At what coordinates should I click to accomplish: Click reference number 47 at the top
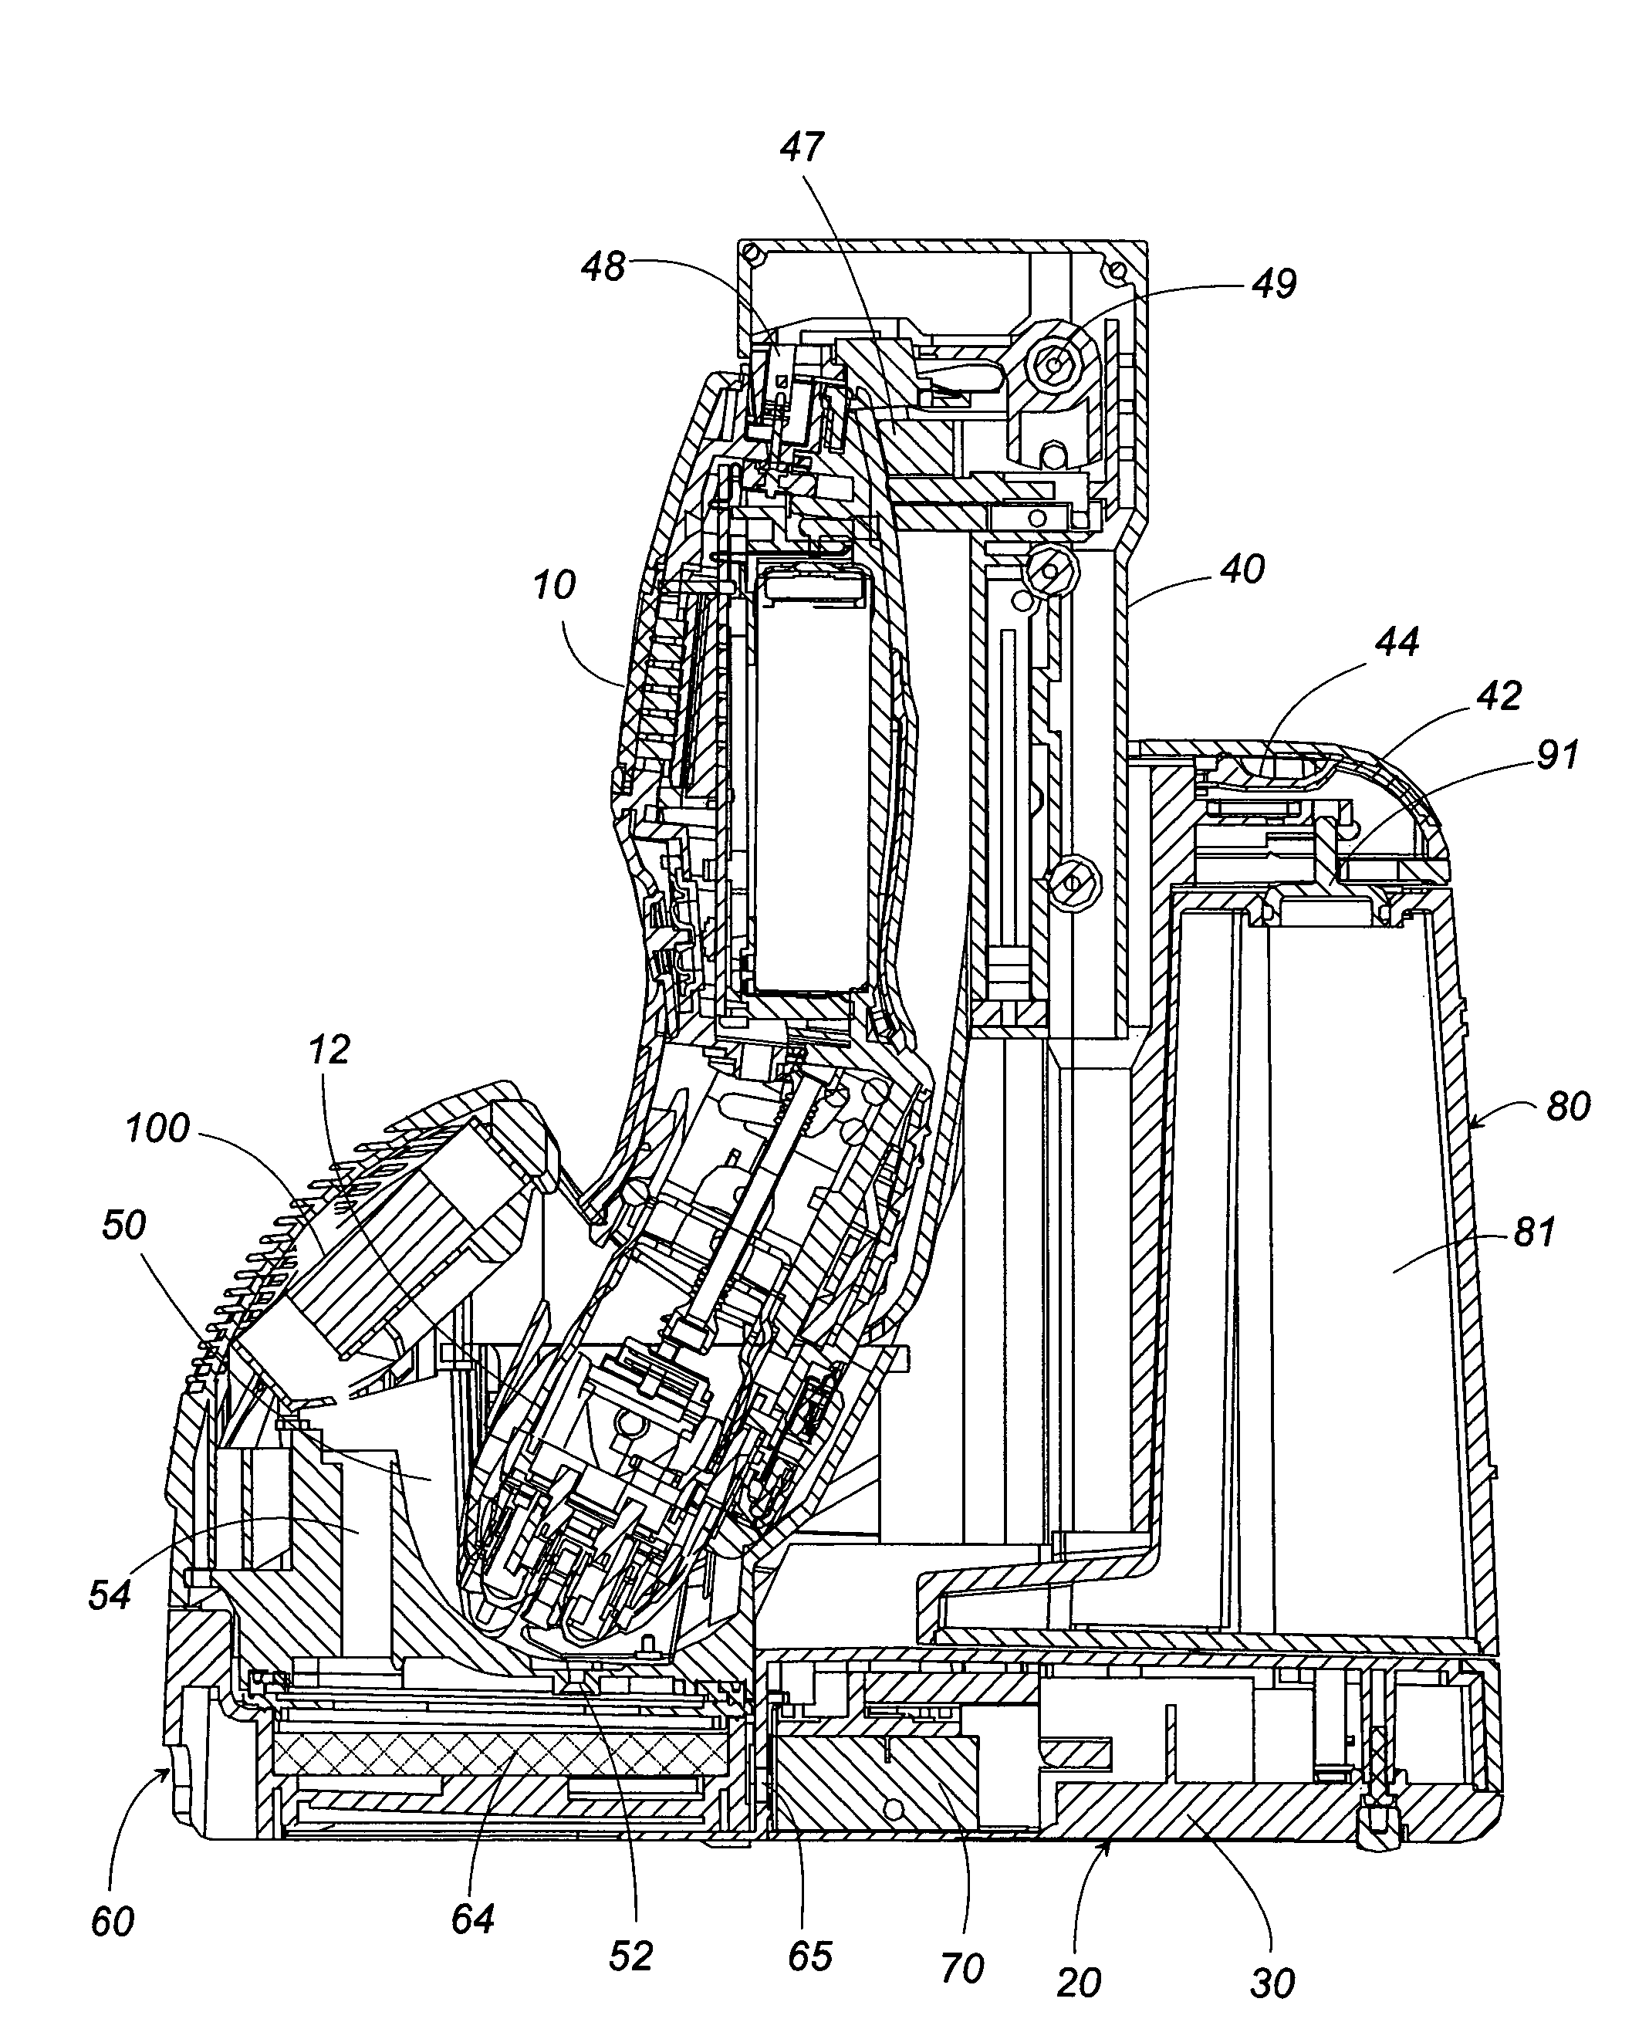click(803, 148)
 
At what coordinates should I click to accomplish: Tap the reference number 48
click(604, 267)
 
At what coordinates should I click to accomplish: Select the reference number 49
click(1274, 284)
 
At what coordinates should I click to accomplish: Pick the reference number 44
click(1397, 642)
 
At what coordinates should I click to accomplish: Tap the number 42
click(1500, 696)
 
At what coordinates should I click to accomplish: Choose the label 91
click(1557, 754)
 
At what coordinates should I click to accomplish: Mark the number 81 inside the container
click(1534, 1233)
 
